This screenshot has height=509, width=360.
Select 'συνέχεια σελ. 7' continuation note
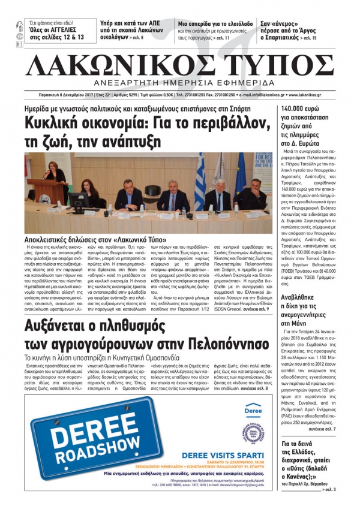coord(332,429)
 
